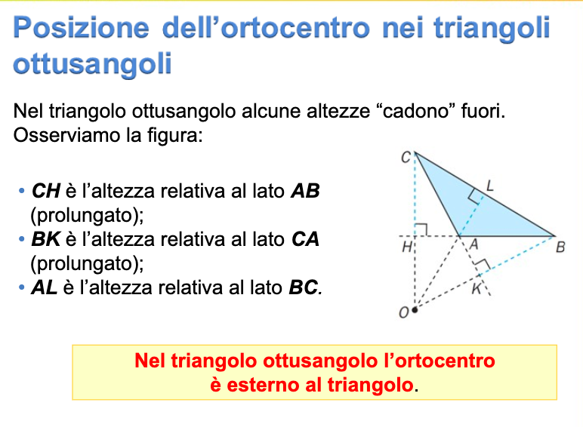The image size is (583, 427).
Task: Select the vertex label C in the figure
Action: [x=406, y=158]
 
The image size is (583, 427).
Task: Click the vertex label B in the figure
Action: [x=560, y=246]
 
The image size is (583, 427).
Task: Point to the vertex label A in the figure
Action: [x=474, y=245]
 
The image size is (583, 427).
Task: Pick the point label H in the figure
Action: [x=406, y=246]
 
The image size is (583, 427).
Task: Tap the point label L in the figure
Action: [x=489, y=184]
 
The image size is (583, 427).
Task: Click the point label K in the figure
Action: [x=477, y=287]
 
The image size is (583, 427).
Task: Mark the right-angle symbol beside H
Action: [x=421, y=229]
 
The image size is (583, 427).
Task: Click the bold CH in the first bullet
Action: [x=45, y=191]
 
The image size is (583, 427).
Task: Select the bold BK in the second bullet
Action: [x=45, y=240]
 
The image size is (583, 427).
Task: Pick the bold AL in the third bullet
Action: [x=45, y=287]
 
